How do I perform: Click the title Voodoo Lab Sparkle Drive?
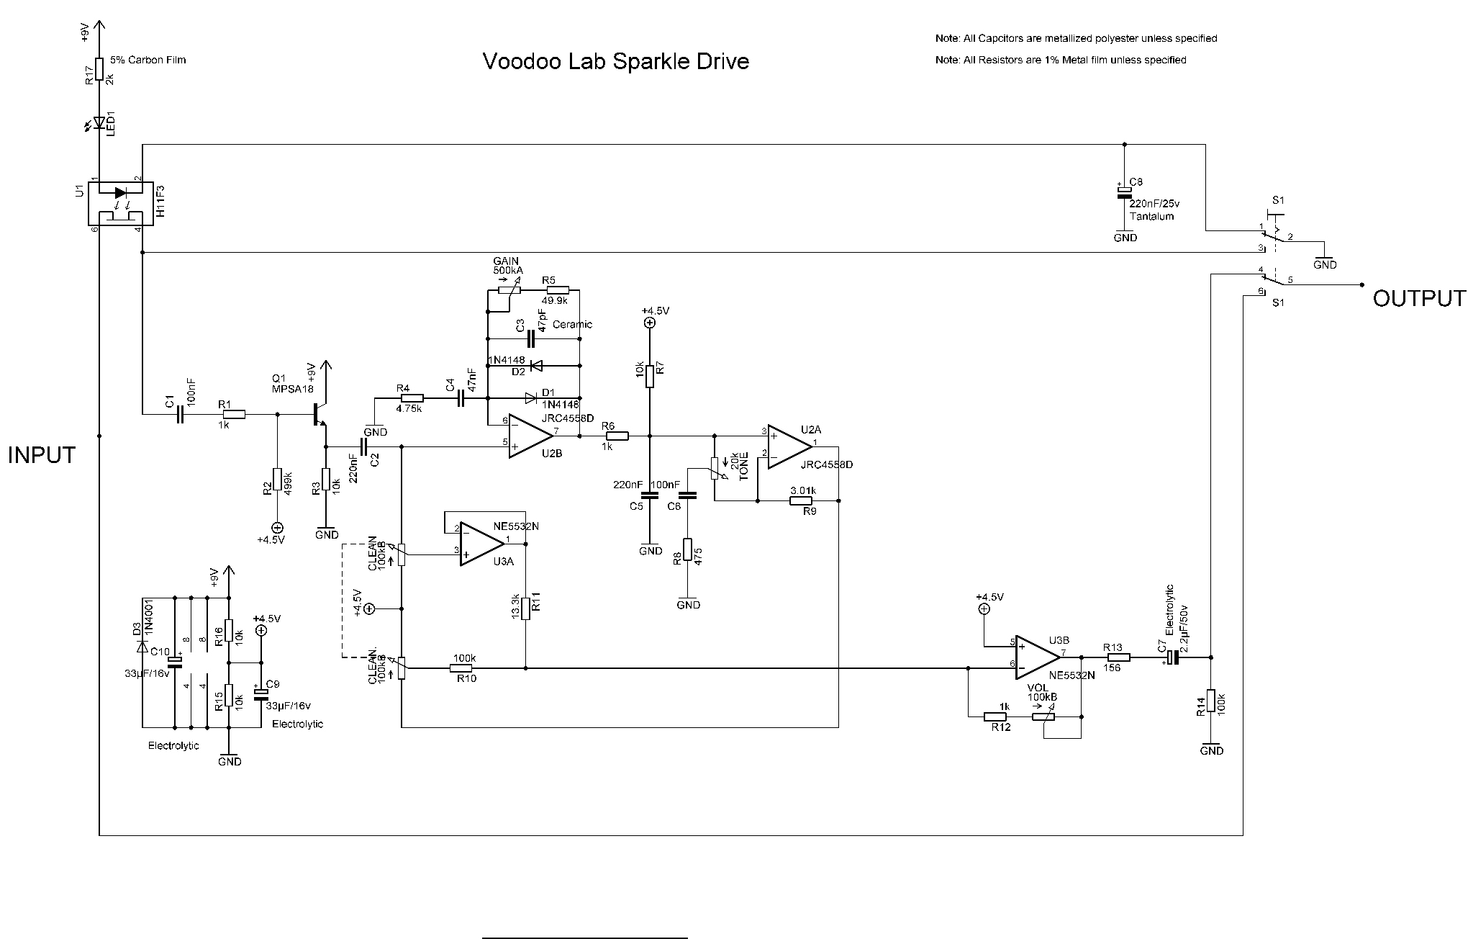pos(615,61)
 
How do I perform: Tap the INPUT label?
pos(42,455)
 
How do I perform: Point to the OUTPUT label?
pos(1418,298)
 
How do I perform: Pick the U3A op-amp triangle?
pos(481,544)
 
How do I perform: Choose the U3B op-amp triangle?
pos(1035,657)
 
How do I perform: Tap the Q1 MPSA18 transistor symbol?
pos(320,415)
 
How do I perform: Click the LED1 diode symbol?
pos(99,122)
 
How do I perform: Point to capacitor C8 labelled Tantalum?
pos(1124,192)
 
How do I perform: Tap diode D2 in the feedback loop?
pos(535,366)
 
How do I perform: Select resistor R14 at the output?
pos(1211,701)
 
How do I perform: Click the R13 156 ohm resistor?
pos(1118,657)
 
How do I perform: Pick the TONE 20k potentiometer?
pos(715,469)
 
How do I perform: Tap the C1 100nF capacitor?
pos(180,414)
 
